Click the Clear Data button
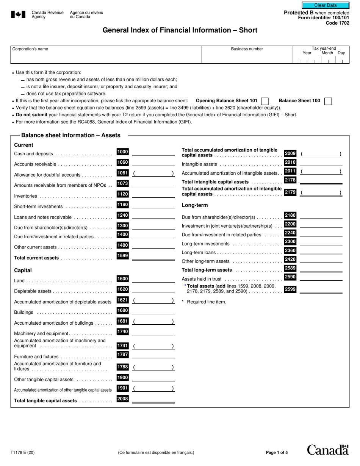pos(325,5)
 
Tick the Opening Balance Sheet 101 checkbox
pos(265,101)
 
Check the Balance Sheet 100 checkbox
pos(329,101)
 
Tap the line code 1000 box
pos(122,152)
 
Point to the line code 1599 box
pos(122,256)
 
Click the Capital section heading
pos(23,271)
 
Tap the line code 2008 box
pos(122,399)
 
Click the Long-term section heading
pos(195,205)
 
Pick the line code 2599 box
pos(290,289)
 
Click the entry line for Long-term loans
pos(321,252)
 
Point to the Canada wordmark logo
pos(327,450)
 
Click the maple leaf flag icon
pos(18,15)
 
